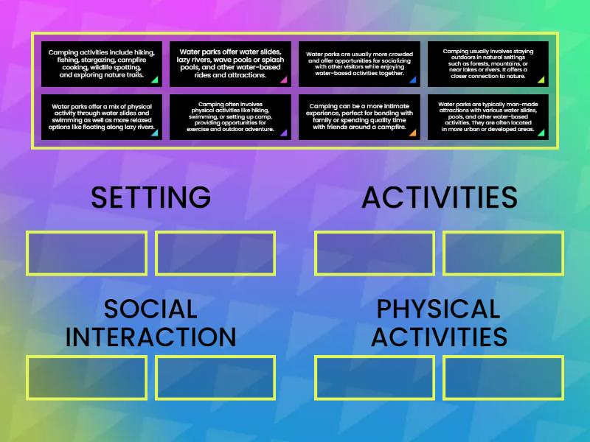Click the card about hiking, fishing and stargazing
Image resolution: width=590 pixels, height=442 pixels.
(102, 63)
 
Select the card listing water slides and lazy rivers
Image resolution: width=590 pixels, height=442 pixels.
(230, 63)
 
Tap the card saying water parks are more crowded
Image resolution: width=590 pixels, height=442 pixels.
(359, 63)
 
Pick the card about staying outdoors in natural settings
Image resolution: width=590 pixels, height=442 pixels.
(488, 63)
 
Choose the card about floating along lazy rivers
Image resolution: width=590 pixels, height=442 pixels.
(102, 116)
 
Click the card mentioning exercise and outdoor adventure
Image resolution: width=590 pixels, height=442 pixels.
(230, 116)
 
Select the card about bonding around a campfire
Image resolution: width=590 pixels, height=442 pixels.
(359, 116)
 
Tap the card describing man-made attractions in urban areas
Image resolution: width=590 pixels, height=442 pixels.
(488, 116)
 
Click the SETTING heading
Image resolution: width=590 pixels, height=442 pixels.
(150, 197)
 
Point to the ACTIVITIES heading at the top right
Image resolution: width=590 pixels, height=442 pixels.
(440, 197)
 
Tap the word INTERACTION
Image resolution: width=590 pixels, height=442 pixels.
(150, 337)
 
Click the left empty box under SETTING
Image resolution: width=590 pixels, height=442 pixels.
(86, 253)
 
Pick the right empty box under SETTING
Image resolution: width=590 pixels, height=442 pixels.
(215, 253)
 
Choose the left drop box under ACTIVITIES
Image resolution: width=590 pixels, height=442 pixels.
(375, 253)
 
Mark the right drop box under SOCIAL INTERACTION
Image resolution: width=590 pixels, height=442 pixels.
(215, 378)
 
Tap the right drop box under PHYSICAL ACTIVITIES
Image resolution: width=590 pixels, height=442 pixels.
(504, 378)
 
